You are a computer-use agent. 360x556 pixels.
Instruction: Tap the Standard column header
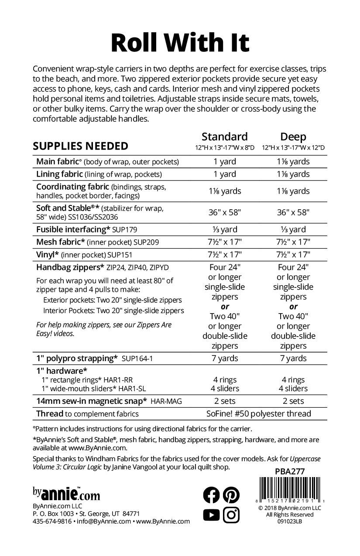(224, 136)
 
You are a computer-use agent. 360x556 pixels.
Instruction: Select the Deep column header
(293, 136)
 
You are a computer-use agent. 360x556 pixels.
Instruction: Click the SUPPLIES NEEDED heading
(81, 146)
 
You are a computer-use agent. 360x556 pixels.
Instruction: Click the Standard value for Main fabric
(224, 161)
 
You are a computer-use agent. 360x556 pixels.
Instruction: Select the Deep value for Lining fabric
(293, 174)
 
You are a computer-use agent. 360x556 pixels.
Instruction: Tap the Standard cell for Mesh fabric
(224, 242)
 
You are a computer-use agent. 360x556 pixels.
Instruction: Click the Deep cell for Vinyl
(293, 254)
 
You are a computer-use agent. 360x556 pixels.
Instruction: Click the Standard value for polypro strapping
(224, 358)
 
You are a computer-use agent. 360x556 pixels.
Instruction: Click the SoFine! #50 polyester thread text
(259, 413)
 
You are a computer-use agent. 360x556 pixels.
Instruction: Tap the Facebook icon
(212, 495)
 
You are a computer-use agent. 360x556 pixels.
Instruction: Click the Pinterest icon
(231, 495)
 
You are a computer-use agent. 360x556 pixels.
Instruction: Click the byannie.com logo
(66, 494)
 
